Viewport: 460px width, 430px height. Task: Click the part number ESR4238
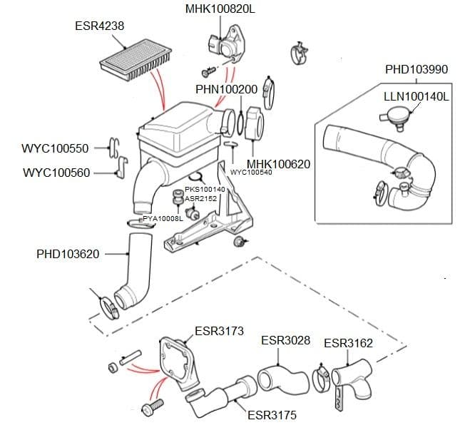(99, 26)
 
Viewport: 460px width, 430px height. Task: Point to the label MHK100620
(278, 164)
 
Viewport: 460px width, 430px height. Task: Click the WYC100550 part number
(56, 149)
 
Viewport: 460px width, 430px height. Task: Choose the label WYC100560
(56, 173)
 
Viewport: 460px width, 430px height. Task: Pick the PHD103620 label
(68, 254)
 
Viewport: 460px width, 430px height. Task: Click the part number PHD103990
(416, 70)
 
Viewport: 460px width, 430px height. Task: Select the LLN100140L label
(416, 96)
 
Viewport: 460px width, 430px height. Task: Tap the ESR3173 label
(219, 331)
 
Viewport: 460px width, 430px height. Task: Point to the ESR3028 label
(285, 340)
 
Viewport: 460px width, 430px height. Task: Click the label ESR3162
(348, 343)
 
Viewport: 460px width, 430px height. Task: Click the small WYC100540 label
(251, 173)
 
